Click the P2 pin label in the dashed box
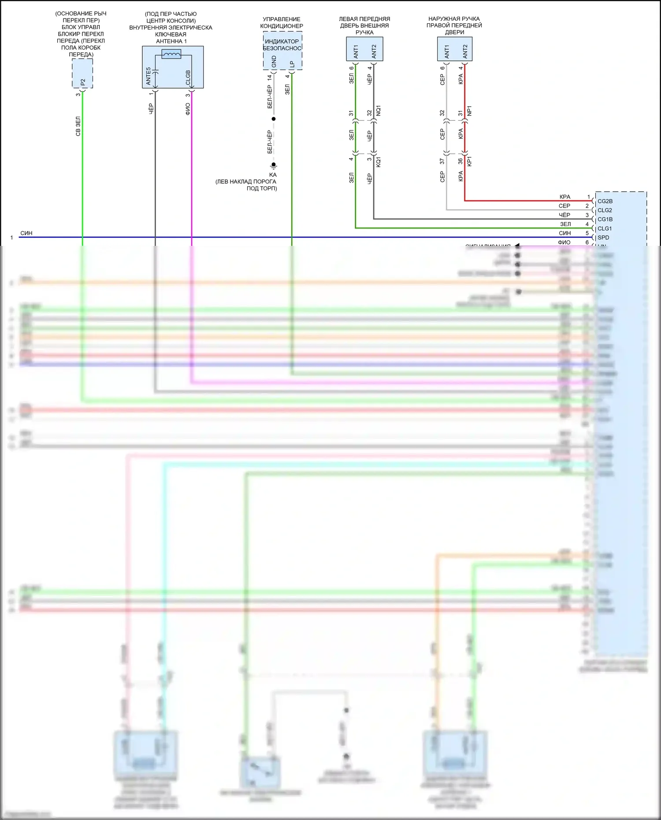[83, 82]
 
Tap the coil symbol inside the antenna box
[171, 54]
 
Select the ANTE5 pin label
[149, 76]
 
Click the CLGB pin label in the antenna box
[188, 78]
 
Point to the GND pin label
[274, 62]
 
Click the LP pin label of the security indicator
[292, 64]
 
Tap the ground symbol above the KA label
[273, 166]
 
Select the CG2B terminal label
[605, 201]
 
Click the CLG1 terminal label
[604, 229]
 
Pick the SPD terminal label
[603, 237]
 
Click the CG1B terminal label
[605, 219]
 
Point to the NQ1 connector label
[378, 111]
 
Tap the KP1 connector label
[469, 161]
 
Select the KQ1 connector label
[378, 162]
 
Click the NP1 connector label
[469, 111]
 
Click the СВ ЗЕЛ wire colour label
[78, 126]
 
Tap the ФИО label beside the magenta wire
[188, 109]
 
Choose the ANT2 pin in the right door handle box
[465, 51]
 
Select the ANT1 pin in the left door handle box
[356, 51]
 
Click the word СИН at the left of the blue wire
[26, 233]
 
